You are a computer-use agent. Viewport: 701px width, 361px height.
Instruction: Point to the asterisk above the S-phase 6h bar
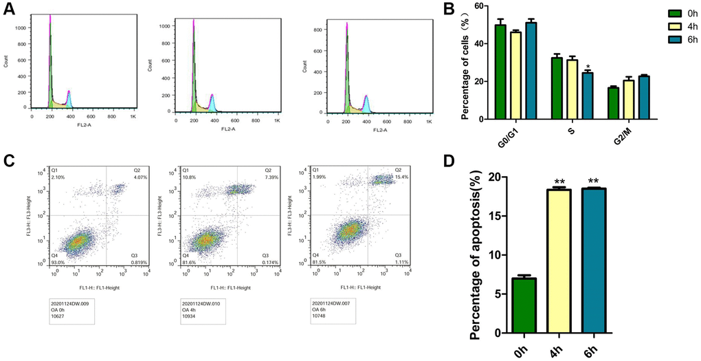(x=588, y=67)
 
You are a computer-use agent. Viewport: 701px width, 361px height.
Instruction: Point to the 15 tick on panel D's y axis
(x=496, y=215)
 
